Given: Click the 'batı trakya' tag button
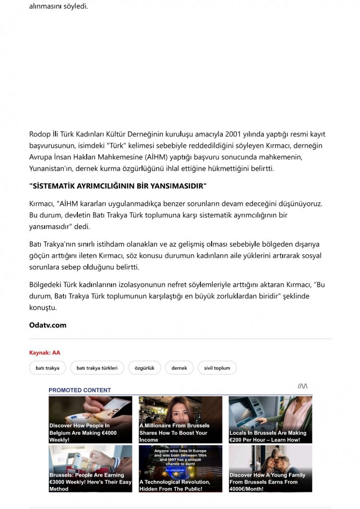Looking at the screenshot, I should (x=48, y=368).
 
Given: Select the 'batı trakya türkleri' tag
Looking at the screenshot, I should (x=97, y=368).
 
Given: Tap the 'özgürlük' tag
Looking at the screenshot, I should (x=144, y=368).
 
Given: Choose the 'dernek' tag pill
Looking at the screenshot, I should (x=179, y=368).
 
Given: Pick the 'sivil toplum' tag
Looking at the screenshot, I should (x=217, y=368).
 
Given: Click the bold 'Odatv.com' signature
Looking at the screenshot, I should (x=48, y=325).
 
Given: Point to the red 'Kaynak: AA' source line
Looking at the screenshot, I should (x=45, y=353).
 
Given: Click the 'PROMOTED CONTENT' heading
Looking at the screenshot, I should (x=80, y=390).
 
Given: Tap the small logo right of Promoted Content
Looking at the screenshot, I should (x=302, y=386).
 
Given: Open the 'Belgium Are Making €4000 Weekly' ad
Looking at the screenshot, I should (x=90, y=419).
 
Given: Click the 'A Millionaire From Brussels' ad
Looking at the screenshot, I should (x=180, y=419).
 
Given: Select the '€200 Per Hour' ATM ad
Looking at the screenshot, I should (x=270, y=419).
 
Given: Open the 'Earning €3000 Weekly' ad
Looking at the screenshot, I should (x=90, y=468).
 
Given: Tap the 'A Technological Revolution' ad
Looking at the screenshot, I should (x=180, y=468).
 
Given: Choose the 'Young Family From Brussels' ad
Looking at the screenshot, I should (x=270, y=468).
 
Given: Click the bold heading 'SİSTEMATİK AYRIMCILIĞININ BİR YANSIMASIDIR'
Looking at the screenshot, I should (x=118, y=186).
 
